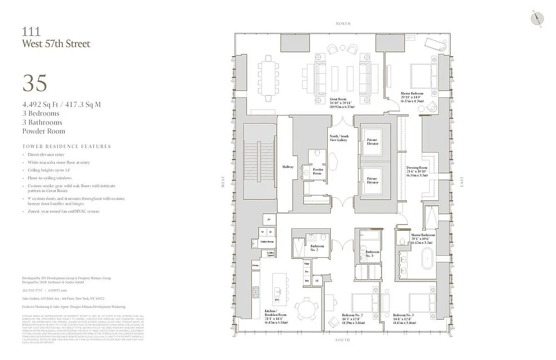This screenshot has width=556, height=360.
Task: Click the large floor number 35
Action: (x=35, y=83)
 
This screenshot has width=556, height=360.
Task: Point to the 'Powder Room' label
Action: (x=318, y=171)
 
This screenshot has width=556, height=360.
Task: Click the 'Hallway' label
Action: (x=288, y=167)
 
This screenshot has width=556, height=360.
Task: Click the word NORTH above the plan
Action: (x=343, y=23)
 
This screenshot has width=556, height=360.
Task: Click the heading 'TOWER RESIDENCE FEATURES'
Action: (x=67, y=146)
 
